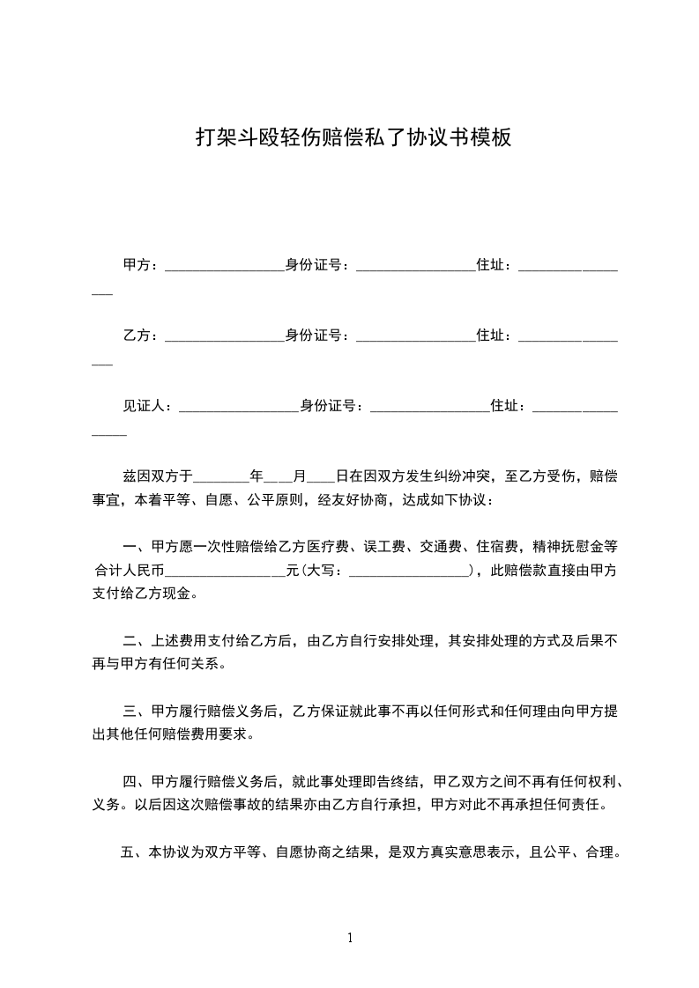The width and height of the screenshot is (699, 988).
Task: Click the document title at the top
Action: click(352, 138)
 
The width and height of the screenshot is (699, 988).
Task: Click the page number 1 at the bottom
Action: click(350, 938)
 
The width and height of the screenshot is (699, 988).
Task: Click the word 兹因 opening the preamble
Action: click(135, 476)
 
